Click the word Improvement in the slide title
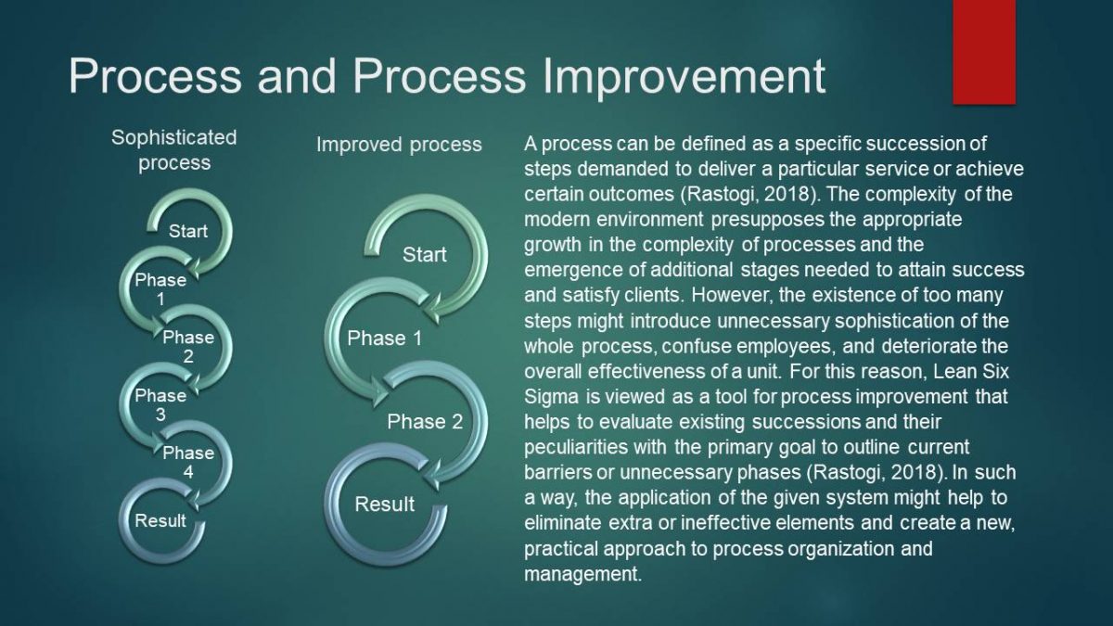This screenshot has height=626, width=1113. point(684,77)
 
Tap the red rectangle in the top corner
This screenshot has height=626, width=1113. point(984,52)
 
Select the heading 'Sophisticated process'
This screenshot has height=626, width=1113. point(174,150)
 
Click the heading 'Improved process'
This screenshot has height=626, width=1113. point(399,145)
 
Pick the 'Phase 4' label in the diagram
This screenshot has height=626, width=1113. point(188,462)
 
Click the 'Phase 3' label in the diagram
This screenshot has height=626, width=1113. point(160,405)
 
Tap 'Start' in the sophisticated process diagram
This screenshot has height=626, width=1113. point(187,231)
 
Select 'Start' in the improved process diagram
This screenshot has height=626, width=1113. point(425,255)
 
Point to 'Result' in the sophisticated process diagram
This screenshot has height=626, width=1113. point(160,520)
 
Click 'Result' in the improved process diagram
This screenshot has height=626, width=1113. point(385,505)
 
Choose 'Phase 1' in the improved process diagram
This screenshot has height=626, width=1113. point(385,339)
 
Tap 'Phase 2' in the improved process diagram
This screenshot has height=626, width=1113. point(425,422)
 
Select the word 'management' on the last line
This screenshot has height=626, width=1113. point(583,574)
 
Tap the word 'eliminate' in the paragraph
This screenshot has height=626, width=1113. point(563,523)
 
